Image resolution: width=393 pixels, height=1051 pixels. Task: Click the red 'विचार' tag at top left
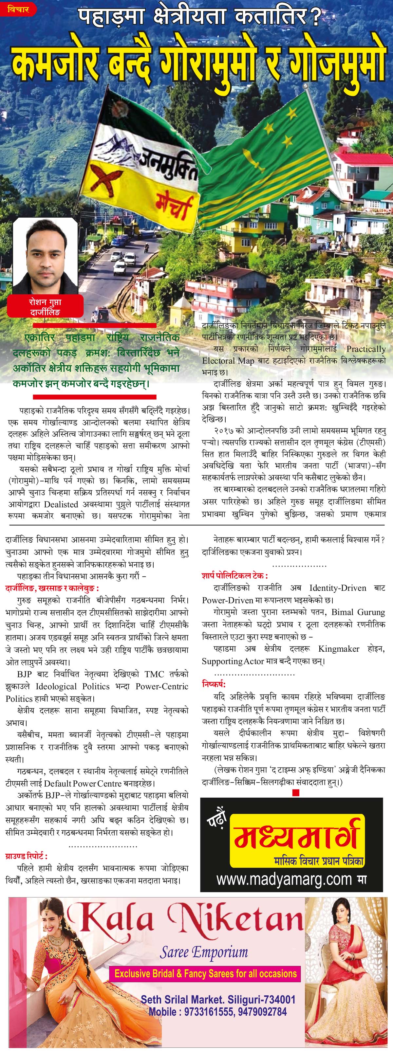(18, 9)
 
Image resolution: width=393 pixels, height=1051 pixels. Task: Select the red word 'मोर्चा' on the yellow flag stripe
(174, 206)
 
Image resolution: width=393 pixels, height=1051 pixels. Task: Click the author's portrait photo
(45, 255)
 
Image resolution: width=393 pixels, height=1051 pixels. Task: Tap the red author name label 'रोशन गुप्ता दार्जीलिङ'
(45, 307)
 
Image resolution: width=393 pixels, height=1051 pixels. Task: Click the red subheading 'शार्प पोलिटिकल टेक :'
(235, 576)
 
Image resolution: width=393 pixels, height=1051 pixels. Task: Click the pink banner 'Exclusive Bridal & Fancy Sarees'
(205, 973)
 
